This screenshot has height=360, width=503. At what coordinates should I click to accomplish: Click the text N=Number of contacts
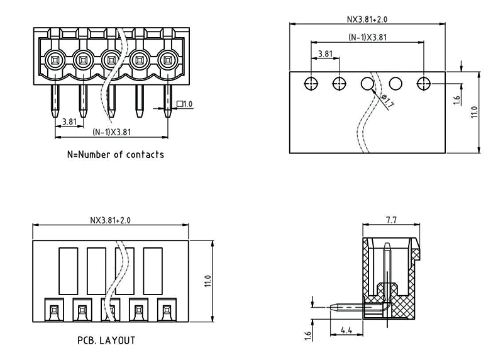(115, 154)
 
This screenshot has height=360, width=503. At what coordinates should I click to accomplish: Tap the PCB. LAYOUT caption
(106, 340)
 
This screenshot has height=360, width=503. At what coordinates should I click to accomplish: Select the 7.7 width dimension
(390, 220)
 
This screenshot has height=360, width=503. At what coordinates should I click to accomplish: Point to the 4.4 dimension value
(346, 330)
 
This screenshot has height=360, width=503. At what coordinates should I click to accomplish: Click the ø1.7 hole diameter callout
(387, 101)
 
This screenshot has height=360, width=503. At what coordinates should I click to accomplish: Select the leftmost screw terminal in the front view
(54, 60)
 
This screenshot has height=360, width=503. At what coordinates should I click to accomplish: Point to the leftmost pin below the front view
(54, 101)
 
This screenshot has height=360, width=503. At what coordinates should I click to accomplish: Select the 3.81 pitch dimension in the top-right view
(325, 54)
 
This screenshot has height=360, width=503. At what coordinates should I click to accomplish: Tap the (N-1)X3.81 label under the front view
(111, 132)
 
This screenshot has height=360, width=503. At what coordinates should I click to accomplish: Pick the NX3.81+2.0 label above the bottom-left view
(110, 220)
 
